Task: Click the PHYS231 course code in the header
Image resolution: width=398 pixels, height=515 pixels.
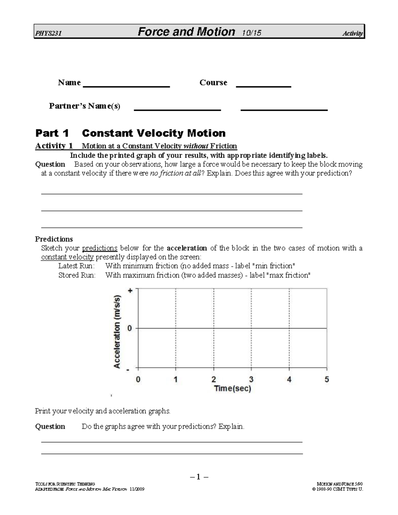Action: pyautogui.click(x=48, y=33)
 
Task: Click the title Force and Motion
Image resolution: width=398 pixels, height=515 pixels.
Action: pyautogui.click(x=186, y=32)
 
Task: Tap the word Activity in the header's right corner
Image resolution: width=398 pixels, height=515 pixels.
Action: pyautogui.click(x=353, y=33)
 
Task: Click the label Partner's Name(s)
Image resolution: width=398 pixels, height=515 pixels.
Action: pyautogui.click(x=85, y=106)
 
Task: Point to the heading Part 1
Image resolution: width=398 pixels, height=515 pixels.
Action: pyautogui.click(x=52, y=133)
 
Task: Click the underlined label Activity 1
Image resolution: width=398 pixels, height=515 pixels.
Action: pyautogui.click(x=54, y=146)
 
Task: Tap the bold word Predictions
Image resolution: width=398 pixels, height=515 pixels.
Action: pyautogui.click(x=54, y=239)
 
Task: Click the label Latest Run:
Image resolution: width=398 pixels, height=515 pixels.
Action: pyautogui.click(x=76, y=266)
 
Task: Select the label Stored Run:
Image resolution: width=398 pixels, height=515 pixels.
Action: pyautogui.click(x=77, y=275)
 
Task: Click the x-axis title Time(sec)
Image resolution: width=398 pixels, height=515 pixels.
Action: pyautogui.click(x=232, y=389)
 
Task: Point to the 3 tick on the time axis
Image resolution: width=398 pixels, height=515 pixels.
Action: pyautogui.click(x=251, y=379)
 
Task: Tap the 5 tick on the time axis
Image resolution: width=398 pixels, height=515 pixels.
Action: pyautogui.click(x=327, y=379)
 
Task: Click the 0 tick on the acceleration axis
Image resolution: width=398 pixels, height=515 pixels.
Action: pyautogui.click(x=130, y=328)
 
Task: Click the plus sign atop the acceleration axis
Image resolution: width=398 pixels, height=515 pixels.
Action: pyautogui.click(x=130, y=290)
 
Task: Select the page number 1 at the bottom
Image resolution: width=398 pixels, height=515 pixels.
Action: pyautogui.click(x=199, y=477)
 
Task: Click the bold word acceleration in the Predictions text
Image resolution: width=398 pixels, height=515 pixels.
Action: pyautogui.click(x=187, y=248)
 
